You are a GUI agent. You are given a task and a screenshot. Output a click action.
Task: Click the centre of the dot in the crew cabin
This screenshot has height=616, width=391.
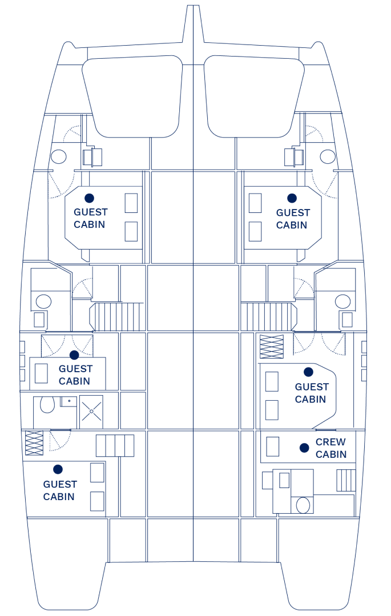point(304,448)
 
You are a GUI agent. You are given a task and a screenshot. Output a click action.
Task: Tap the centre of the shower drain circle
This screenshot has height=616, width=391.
point(91,411)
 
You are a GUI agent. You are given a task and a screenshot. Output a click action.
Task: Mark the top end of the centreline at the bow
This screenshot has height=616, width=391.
point(193,6)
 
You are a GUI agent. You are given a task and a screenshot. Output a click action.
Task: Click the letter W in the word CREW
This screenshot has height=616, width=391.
point(340,442)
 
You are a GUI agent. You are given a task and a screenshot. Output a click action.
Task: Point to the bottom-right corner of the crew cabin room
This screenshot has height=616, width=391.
point(356,463)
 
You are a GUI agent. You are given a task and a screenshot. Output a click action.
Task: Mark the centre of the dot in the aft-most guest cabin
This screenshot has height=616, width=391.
point(58,469)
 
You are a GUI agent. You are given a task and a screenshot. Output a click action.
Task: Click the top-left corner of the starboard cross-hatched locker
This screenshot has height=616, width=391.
point(260,335)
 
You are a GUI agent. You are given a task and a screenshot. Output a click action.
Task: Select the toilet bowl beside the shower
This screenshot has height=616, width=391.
point(47,405)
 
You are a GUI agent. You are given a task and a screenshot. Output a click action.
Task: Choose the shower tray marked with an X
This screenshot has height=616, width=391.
point(91,412)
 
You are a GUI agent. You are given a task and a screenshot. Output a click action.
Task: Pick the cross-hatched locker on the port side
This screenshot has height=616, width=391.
point(34,443)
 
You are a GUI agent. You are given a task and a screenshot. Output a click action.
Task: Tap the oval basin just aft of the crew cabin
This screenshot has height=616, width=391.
point(303,505)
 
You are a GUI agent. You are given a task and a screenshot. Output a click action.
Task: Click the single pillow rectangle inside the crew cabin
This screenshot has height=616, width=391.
point(273,446)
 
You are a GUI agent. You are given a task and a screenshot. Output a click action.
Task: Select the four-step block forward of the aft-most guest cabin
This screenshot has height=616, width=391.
point(115,445)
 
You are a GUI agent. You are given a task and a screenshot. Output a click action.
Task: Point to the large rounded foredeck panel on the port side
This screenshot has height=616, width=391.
point(132,96)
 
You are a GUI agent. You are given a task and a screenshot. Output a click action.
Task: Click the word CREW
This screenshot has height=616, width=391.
point(330,442)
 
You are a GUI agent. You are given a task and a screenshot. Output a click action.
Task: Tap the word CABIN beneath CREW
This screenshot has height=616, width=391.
point(331,454)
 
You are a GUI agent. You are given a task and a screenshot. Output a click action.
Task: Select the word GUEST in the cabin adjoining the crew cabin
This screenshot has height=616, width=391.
point(312,387)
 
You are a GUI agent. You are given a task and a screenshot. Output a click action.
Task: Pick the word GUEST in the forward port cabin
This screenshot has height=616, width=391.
point(90,212)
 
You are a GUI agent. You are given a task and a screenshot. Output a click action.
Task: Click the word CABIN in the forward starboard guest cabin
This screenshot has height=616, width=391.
point(292,225)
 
